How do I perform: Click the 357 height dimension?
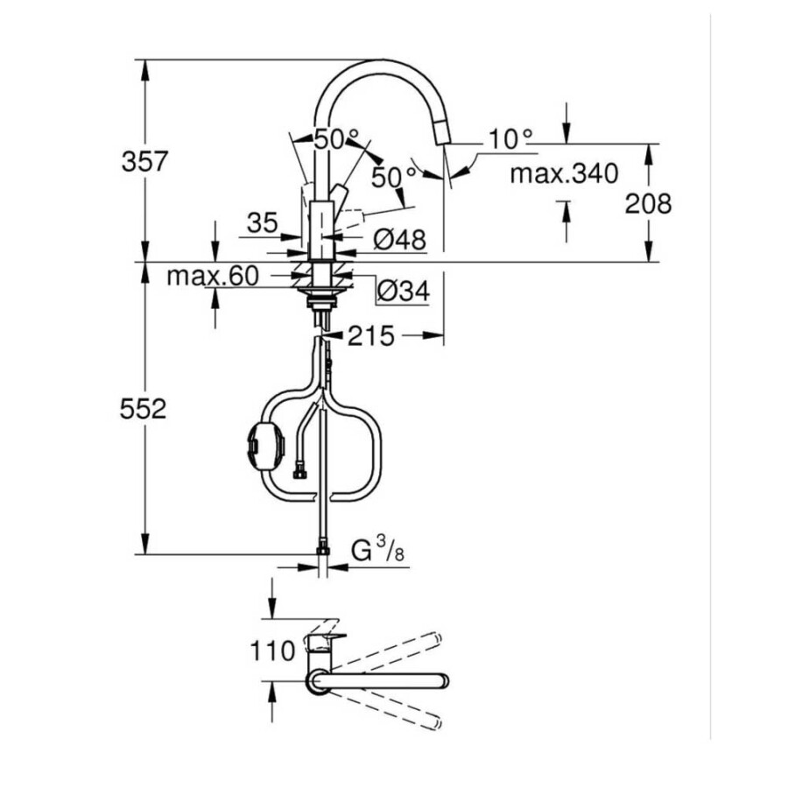pos(144,162)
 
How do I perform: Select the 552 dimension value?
pos(144,409)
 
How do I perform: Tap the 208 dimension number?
pos(648,203)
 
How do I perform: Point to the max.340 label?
pos(565,174)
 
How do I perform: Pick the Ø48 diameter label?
pos(400,239)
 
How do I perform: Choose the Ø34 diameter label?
pos(404,291)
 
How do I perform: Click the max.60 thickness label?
pos(213,276)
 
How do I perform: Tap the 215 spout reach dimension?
pos(371,336)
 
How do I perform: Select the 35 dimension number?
pos(263,222)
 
